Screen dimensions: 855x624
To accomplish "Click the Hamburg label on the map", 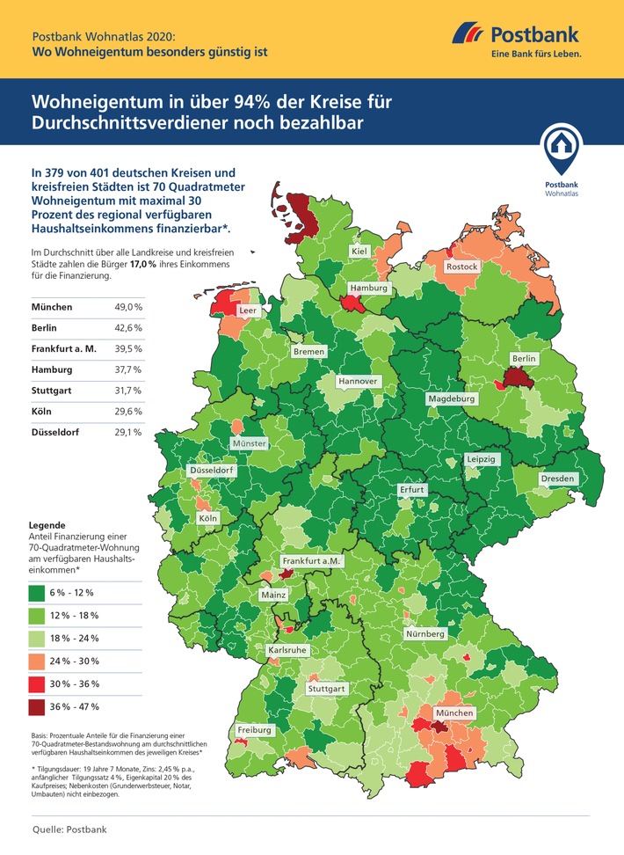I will tap(368, 288).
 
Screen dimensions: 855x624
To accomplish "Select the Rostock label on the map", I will tap(462, 266).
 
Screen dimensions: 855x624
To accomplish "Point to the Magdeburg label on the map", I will tap(451, 398).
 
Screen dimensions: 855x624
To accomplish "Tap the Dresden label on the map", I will tap(557, 479).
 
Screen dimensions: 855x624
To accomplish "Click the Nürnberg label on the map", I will tap(425, 633).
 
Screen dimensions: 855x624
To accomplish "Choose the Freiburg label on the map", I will tap(254, 730).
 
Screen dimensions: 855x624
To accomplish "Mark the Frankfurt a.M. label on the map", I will tap(310, 560).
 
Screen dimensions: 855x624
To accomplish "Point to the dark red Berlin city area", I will tap(514, 380).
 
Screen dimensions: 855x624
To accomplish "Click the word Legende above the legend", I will tap(47, 523).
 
